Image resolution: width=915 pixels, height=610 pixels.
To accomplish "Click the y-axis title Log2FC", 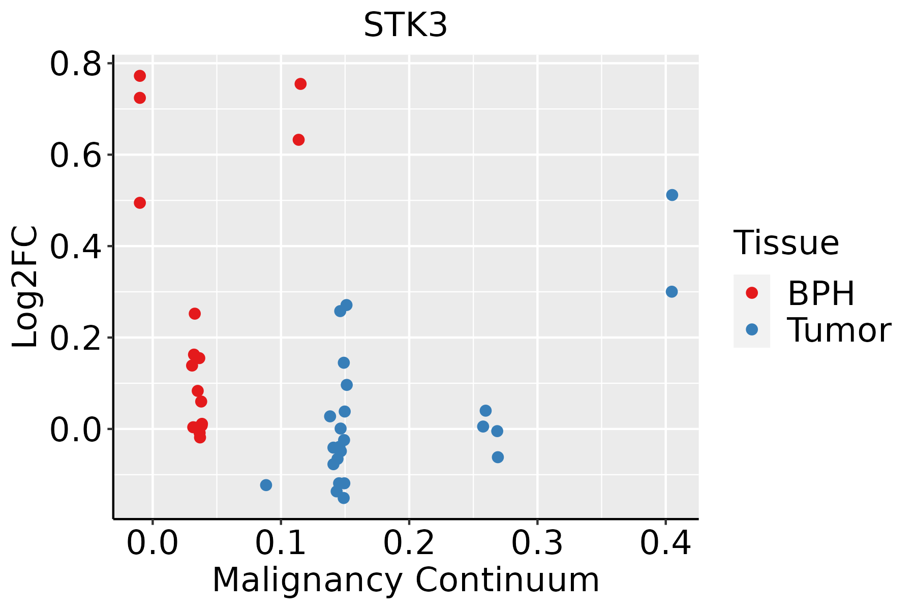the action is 25,287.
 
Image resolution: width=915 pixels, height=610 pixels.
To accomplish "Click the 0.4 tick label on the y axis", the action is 75,247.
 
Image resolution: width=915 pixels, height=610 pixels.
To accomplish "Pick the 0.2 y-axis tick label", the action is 75,338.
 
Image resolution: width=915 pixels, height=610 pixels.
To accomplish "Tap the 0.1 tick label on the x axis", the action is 281,543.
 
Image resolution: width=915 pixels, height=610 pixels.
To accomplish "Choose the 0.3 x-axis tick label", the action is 537,543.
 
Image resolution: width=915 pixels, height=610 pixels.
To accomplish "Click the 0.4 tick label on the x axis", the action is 665,543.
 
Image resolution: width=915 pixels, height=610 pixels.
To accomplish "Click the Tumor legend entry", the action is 812,329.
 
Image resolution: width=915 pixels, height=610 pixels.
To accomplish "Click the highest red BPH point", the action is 140,76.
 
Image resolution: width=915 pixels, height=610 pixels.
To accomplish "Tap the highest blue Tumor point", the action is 672,195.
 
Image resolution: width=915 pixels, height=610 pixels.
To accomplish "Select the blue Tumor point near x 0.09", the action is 266,485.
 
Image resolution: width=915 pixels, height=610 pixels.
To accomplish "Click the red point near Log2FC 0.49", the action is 140,203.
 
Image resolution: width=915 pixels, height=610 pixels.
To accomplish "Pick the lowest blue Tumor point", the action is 344,498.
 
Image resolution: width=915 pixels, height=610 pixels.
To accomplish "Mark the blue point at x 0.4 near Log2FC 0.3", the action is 672,292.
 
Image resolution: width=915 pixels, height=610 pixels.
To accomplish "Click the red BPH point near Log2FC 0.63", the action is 299,140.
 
